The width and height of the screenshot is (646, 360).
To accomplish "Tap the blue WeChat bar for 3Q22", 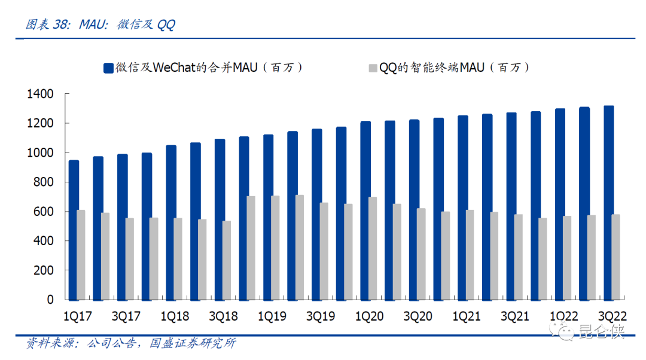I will tap(608, 203).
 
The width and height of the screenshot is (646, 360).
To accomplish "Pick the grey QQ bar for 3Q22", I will tap(616, 257).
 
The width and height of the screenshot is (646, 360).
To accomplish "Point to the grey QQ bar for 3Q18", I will tap(227, 260).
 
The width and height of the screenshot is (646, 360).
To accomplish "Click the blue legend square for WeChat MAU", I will tap(108, 68).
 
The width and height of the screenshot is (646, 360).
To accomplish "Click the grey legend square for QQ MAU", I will tap(372, 68).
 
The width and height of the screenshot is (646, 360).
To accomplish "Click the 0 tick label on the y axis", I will tap(51, 300).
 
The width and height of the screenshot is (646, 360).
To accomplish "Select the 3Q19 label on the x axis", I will tap(321, 316).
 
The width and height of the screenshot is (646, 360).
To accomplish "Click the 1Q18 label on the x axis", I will tap(175, 316).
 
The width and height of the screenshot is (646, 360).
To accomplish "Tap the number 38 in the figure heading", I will tap(60, 25).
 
